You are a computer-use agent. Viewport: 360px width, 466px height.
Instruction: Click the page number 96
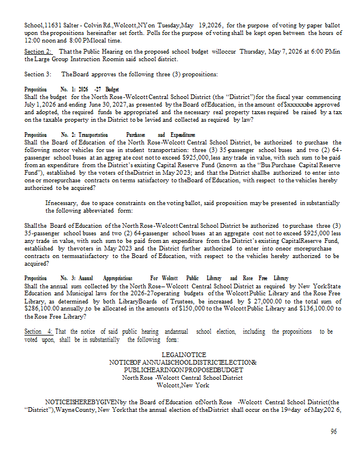coord(334,432)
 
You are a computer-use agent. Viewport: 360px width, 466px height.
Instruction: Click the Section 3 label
coord(38,75)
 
